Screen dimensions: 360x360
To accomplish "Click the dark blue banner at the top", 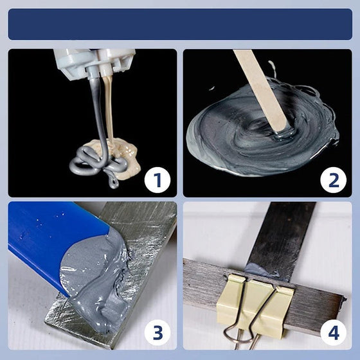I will pyautogui.click(x=180, y=24).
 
